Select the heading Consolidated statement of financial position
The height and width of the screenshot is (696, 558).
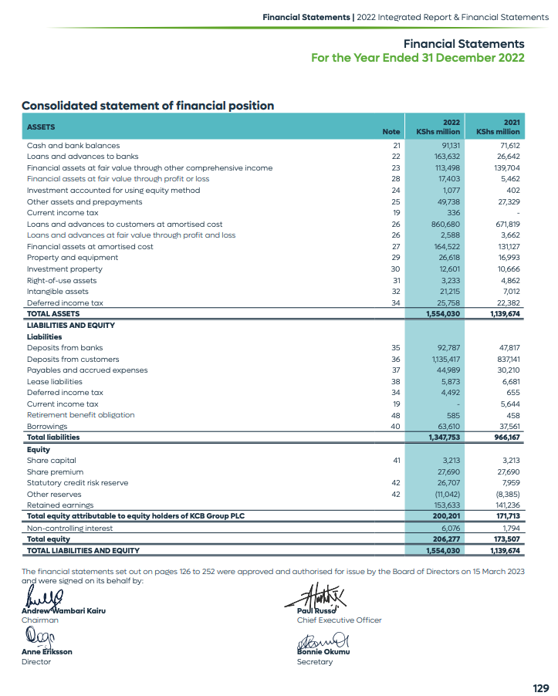[x=147, y=106]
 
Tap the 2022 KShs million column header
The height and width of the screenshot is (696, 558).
[x=438, y=127]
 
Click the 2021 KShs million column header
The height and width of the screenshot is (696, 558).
[x=499, y=127]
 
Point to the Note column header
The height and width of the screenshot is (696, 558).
[x=391, y=132]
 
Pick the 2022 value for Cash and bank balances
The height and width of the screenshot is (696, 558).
[x=450, y=145]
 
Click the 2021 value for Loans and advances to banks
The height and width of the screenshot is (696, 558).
[x=509, y=157]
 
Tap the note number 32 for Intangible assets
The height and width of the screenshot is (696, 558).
[x=396, y=292]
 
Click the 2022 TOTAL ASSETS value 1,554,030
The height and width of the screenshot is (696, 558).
[x=443, y=314]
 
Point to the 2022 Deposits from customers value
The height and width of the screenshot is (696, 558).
[x=445, y=359]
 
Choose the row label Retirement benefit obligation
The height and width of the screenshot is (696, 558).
[x=80, y=415]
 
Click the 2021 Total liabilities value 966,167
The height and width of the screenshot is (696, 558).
[x=506, y=438]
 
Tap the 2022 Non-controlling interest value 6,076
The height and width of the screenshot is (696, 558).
[x=449, y=528]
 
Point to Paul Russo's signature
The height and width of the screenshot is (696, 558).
[x=317, y=595]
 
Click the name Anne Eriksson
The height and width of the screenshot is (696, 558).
[x=46, y=652]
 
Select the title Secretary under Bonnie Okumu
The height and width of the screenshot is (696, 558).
[x=314, y=662]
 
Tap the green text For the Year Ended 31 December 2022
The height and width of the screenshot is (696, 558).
[x=417, y=58]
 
